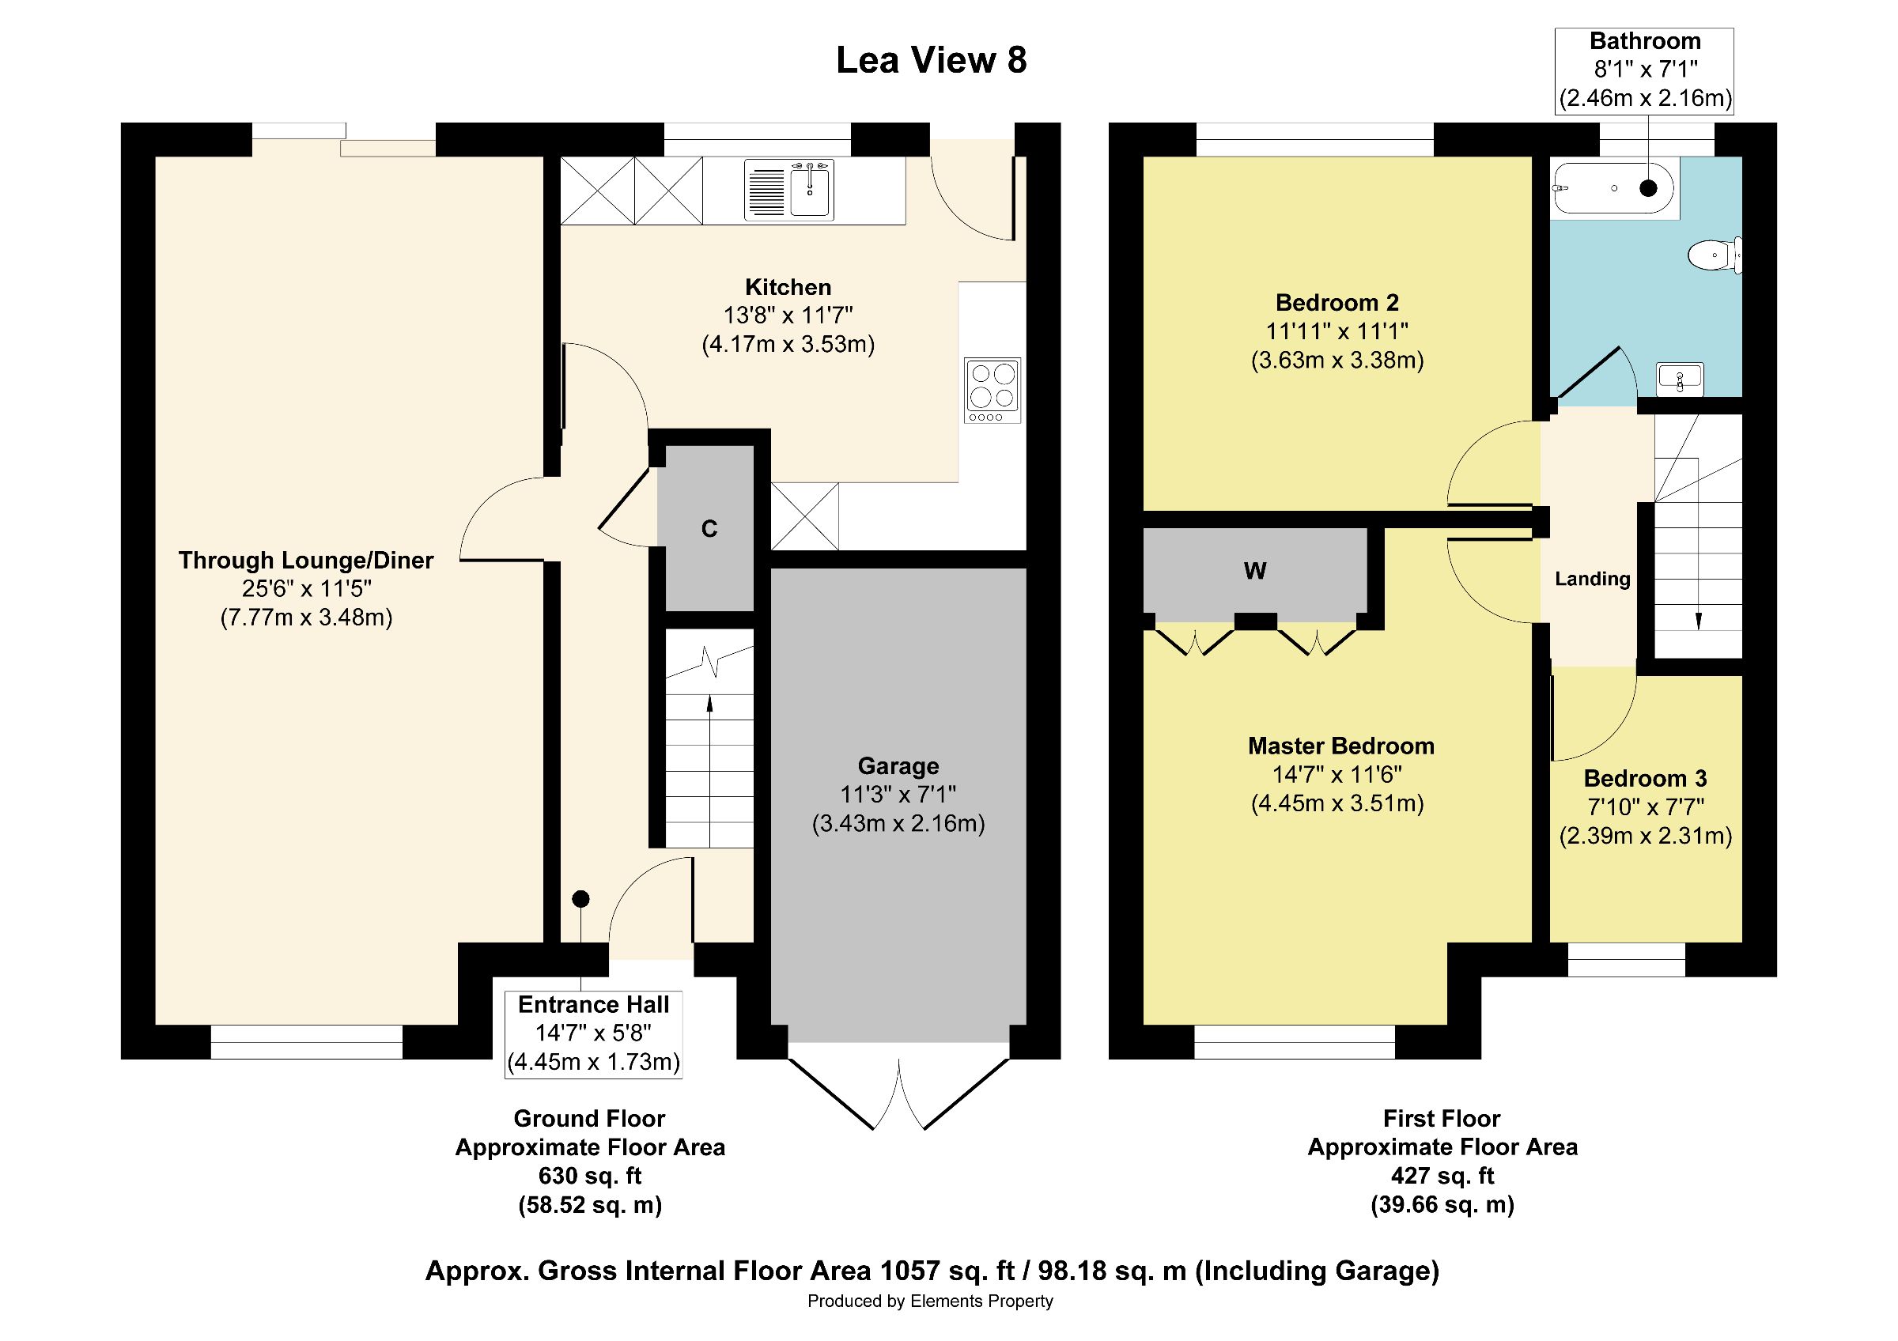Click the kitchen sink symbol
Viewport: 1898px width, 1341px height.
pyautogui.click(x=788, y=189)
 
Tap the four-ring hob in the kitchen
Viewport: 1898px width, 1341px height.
pyautogui.click(x=992, y=390)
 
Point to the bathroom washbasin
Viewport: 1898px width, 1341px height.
pyautogui.click(x=1680, y=380)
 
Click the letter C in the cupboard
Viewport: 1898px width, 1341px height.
pyautogui.click(x=709, y=529)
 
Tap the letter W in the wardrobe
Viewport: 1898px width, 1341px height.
pyautogui.click(x=1255, y=571)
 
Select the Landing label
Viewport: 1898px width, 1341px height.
pyautogui.click(x=1592, y=580)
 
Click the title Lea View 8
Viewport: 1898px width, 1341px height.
pyautogui.click(x=932, y=60)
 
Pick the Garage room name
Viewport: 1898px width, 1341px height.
pyautogui.click(x=898, y=766)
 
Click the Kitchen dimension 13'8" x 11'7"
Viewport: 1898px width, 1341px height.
pyautogui.click(x=788, y=315)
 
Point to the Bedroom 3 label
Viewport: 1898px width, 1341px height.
pyautogui.click(x=1645, y=778)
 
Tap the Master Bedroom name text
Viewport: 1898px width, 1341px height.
pyautogui.click(x=1340, y=746)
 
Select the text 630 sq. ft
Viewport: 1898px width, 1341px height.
pyautogui.click(x=589, y=1176)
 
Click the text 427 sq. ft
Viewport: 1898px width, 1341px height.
pyautogui.click(x=1442, y=1176)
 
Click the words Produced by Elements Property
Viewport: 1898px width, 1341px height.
pyautogui.click(x=930, y=1301)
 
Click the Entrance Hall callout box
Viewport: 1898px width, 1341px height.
pyautogui.click(x=594, y=1034)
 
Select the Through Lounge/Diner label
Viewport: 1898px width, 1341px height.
pyautogui.click(x=306, y=560)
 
